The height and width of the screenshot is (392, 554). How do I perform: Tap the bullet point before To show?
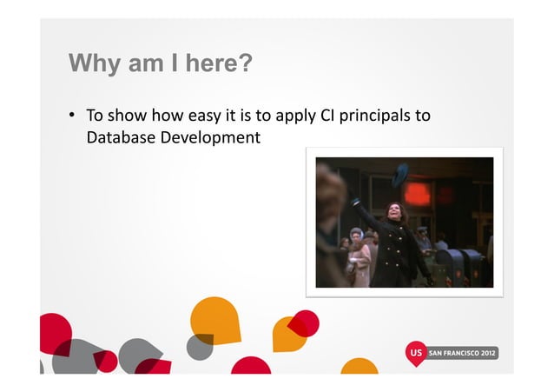click(x=74, y=116)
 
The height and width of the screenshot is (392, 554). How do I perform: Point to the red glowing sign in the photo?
click(x=418, y=193)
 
